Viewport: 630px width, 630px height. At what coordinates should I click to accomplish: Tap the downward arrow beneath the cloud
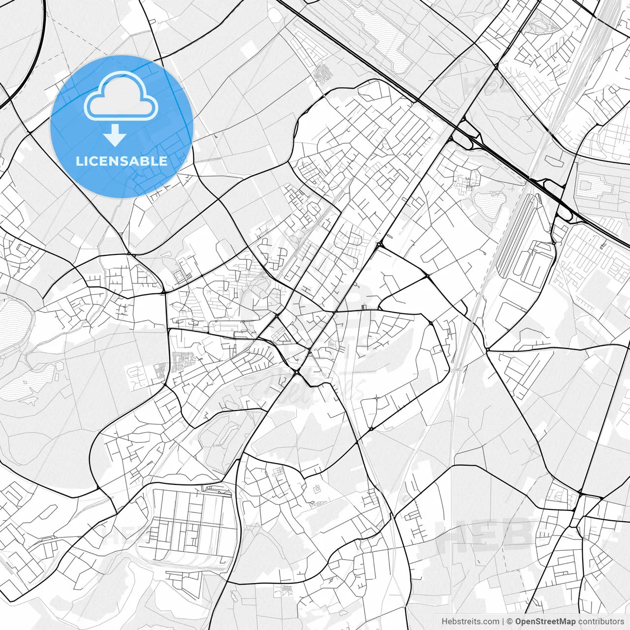(x=115, y=135)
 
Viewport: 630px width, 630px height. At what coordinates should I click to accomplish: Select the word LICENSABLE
(x=122, y=161)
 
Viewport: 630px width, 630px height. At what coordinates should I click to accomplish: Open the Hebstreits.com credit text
(x=470, y=622)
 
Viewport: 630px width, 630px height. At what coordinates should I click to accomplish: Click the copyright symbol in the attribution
(x=510, y=622)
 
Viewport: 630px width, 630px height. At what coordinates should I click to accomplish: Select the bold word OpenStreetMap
(x=545, y=622)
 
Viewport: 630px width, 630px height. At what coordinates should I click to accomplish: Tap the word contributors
(x=600, y=622)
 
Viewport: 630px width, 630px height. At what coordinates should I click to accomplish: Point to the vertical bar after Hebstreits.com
(x=503, y=622)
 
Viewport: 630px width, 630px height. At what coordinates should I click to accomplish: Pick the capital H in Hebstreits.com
(x=444, y=622)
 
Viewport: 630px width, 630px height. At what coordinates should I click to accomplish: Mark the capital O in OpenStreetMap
(x=519, y=622)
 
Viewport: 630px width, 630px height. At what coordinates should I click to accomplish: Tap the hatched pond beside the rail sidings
(x=490, y=204)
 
